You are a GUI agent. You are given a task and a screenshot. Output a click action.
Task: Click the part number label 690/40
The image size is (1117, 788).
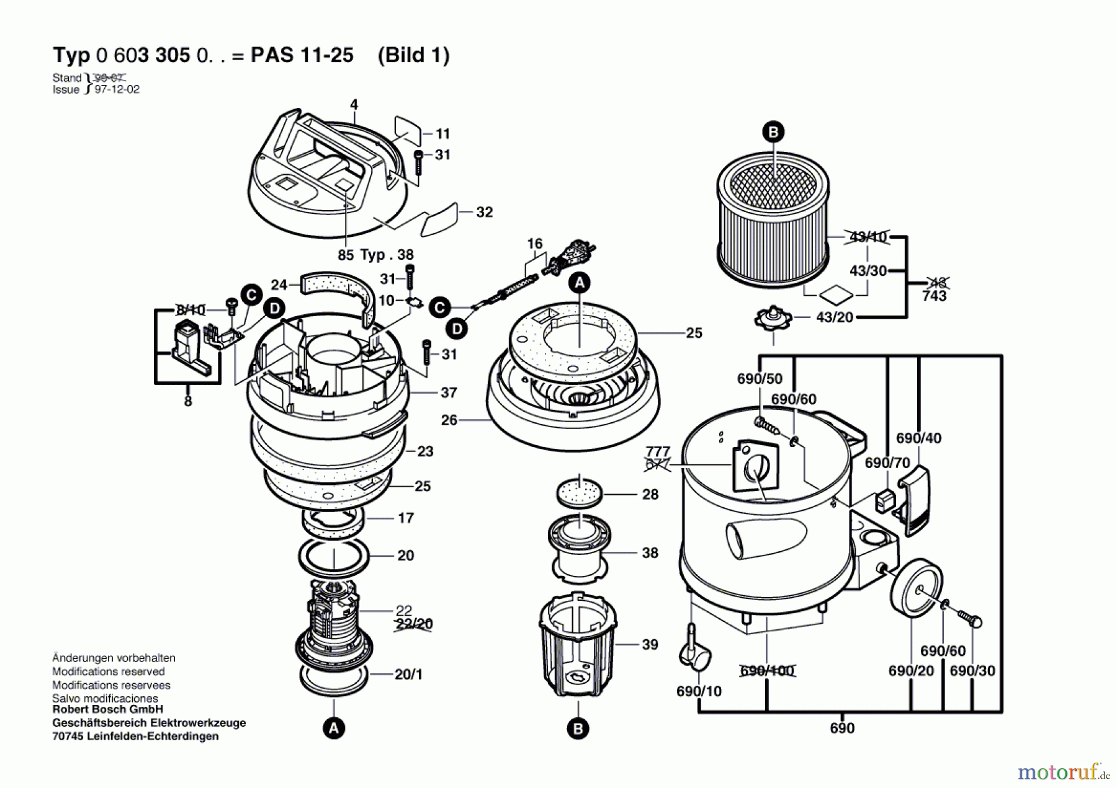918,438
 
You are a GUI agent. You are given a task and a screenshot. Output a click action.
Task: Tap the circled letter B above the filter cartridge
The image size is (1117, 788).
773,132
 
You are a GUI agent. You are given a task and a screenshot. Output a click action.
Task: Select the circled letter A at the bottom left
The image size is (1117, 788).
333,728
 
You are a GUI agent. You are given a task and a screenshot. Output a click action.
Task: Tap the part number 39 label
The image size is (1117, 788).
650,645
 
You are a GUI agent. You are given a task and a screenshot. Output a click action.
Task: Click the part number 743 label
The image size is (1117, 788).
934,296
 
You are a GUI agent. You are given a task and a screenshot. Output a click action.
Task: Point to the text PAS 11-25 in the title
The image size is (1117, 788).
302,55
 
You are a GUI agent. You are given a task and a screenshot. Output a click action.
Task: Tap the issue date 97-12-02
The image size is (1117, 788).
117,89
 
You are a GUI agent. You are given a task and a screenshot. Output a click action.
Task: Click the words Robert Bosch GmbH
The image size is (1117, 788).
107,709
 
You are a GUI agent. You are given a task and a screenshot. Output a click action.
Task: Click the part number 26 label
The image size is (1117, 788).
449,420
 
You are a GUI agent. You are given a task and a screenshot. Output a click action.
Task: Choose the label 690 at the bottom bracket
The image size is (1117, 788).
842,728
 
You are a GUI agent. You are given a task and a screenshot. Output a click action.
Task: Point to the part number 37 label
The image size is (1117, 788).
449,392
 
